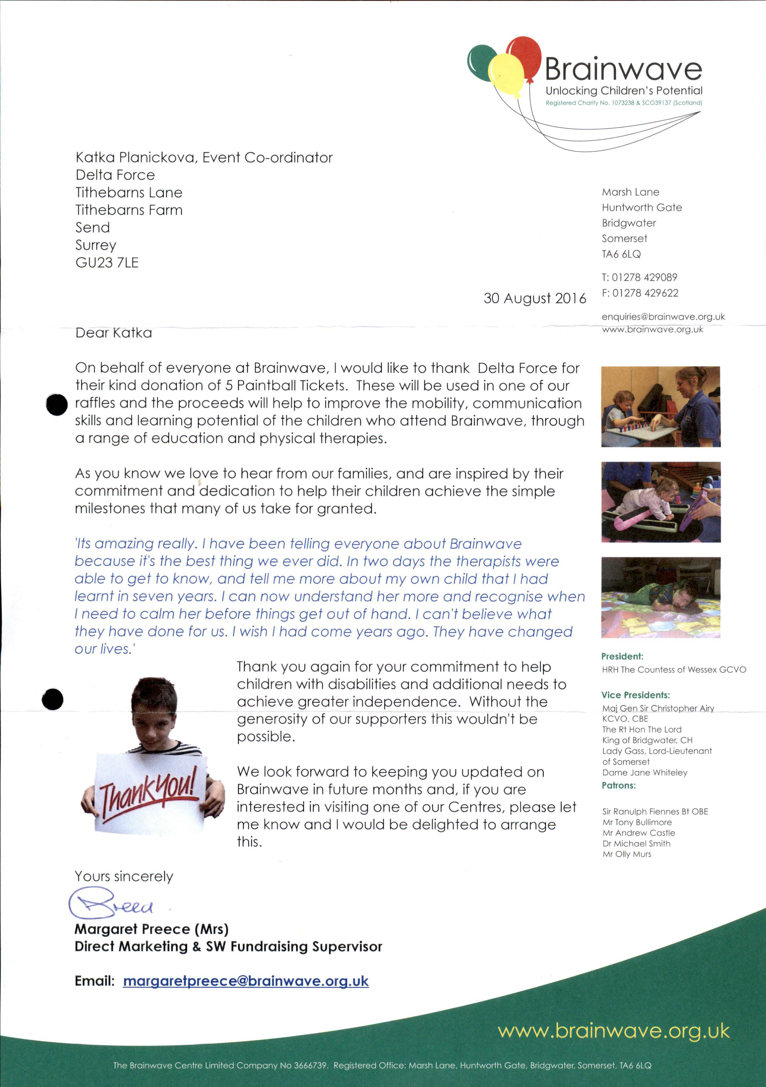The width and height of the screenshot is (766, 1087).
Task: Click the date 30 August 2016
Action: (x=534, y=298)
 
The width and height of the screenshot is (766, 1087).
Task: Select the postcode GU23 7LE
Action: (x=107, y=263)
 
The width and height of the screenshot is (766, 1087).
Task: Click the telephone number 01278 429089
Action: (x=644, y=277)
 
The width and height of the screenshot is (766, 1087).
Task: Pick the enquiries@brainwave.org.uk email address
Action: (x=663, y=317)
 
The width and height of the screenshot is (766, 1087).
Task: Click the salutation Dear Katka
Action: (x=114, y=333)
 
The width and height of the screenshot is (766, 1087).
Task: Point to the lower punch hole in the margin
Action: (x=53, y=699)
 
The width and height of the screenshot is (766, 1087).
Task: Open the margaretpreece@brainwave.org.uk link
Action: (x=245, y=981)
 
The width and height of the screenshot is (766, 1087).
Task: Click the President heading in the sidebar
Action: (x=622, y=656)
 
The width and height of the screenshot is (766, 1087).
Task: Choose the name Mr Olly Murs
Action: (x=626, y=854)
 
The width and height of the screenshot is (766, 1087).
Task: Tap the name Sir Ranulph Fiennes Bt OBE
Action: (x=655, y=811)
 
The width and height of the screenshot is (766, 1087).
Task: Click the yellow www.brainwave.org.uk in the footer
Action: (x=613, y=1031)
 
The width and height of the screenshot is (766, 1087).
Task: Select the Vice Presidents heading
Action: (x=635, y=695)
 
